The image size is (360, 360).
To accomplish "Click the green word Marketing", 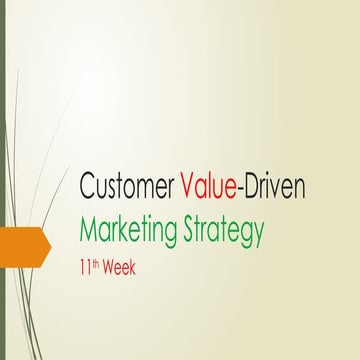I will click(x=128, y=231).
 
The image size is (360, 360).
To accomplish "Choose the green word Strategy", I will click(x=221, y=232).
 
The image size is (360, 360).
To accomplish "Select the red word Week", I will click(x=122, y=268).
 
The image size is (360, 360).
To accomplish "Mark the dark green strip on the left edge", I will click(x=2, y=180).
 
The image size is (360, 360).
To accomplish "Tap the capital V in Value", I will click(x=189, y=186).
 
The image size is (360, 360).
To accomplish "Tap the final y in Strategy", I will click(x=258, y=235).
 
